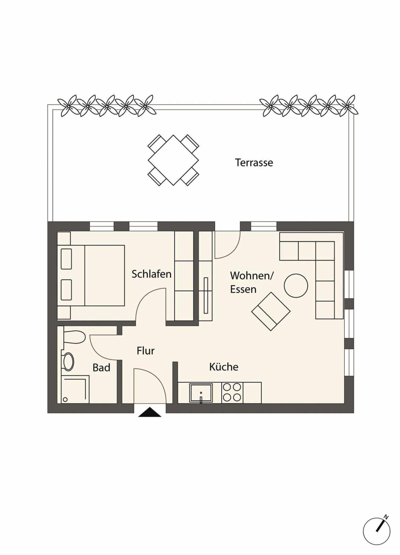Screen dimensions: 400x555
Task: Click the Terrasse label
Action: click(x=254, y=162)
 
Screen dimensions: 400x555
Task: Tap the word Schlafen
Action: click(x=151, y=274)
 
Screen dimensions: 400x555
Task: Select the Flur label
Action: click(x=146, y=351)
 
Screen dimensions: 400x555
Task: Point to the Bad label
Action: click(x=101, y=368)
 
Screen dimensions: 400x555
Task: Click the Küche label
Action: click(x=224, y=367)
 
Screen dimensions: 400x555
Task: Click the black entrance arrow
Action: click(x=150, y=412)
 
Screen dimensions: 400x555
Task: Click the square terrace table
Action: click(x=173, y=160)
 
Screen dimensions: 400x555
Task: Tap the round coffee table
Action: click(x=296, y=286)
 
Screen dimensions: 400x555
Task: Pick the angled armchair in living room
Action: click(x=271, y=311)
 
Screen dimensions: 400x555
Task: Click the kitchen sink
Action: click(x=201, y=393)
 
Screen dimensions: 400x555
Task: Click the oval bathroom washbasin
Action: click(x=69, y=362)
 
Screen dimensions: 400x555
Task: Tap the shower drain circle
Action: click(x=65, y=399)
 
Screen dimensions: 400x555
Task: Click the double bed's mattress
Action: click(x=104, y=275)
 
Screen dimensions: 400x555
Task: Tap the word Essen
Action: click(x=243, y=289)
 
